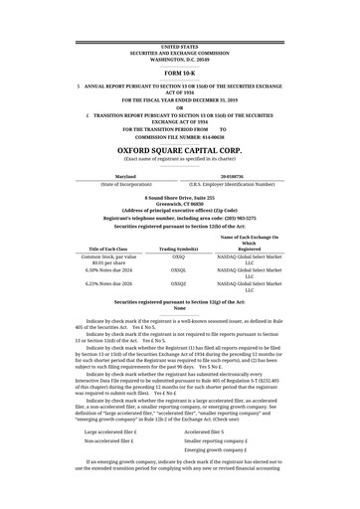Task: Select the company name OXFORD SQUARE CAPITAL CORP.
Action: click(180, 150)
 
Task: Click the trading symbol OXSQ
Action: click(179, 255)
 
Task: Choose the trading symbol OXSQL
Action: click(179, 269)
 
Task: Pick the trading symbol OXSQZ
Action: click(179, 284)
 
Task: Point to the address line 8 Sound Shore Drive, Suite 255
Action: click(180, 198)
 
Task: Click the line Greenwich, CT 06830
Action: click(180, 205)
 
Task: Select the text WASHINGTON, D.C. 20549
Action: click(180, 60)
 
